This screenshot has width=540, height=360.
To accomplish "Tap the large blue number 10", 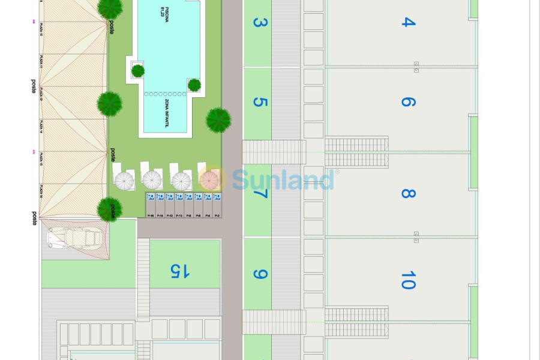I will pos(408,280).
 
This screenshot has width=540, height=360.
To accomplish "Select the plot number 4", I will pos(408,22).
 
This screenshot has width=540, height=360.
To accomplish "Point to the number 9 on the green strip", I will pos(259,274).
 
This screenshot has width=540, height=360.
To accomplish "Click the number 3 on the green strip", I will pos(259,23).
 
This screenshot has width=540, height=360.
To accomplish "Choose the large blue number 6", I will pos(408,102).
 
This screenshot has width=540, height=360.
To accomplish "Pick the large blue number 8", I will pos(408,193).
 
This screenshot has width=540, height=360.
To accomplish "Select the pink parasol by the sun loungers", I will pos(209,180).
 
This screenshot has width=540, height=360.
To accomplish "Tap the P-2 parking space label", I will pos(217,215).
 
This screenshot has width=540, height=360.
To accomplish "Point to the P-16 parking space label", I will pos(151,215).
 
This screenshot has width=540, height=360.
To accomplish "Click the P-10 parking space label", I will pos(179,215).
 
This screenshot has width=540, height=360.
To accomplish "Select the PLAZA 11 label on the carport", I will pos(40,61).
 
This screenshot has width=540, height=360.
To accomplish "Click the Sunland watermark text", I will pos(282,179).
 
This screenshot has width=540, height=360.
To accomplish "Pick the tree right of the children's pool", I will pos(218,120).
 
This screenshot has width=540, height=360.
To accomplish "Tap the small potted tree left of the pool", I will pos(138,71).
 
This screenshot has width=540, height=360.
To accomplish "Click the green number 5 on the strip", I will pos(259,102).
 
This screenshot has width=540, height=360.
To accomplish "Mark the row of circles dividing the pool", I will pos(166,94).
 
